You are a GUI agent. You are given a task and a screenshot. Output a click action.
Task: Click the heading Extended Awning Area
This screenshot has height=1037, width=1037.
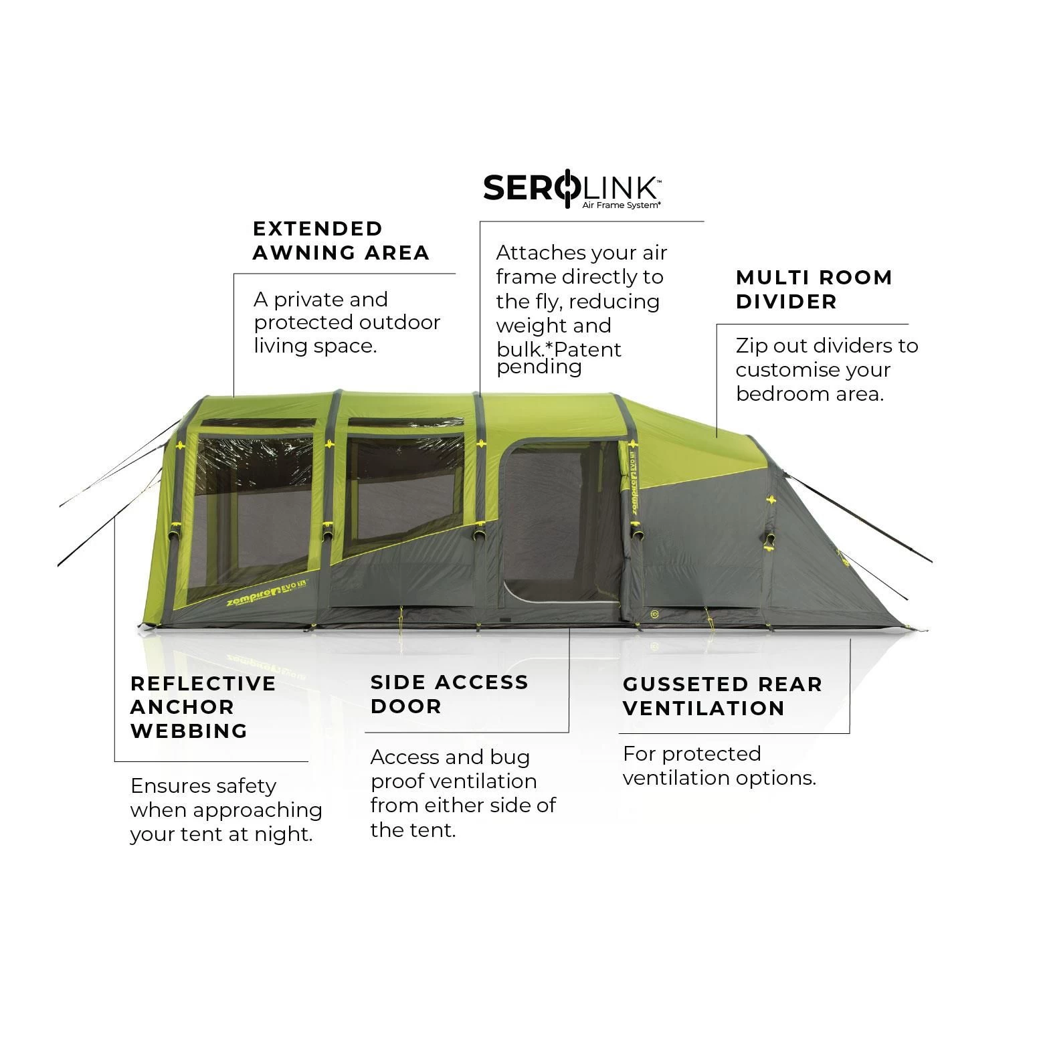pyautogui.click(x=340, y=241)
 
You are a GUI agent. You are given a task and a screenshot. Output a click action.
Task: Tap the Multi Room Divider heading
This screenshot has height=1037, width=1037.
pyautogui.click(x=814, y=289)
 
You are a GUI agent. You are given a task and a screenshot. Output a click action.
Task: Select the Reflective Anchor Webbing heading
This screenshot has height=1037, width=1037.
pyautogui.click(x=203, y=707)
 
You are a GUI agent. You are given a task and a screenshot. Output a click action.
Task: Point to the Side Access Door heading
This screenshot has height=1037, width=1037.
pyautogui.click(x=449, y=694)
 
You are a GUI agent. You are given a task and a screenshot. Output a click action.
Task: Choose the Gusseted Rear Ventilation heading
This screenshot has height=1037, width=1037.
pyautogui.click(x=722, y=696)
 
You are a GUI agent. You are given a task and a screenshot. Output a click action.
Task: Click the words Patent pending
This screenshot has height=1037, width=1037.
pyautogui.click(x=559, y=358)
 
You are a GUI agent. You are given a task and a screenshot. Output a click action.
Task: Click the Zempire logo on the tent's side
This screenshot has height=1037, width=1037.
pyautogui.click(x=257, y=599)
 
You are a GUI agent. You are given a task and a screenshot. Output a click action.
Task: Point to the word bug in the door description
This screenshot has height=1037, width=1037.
pyautogui.click(x=510, y=757)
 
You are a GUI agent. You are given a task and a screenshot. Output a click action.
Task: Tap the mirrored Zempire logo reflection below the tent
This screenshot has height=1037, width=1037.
pyautogui.click(x=261, y=662)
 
